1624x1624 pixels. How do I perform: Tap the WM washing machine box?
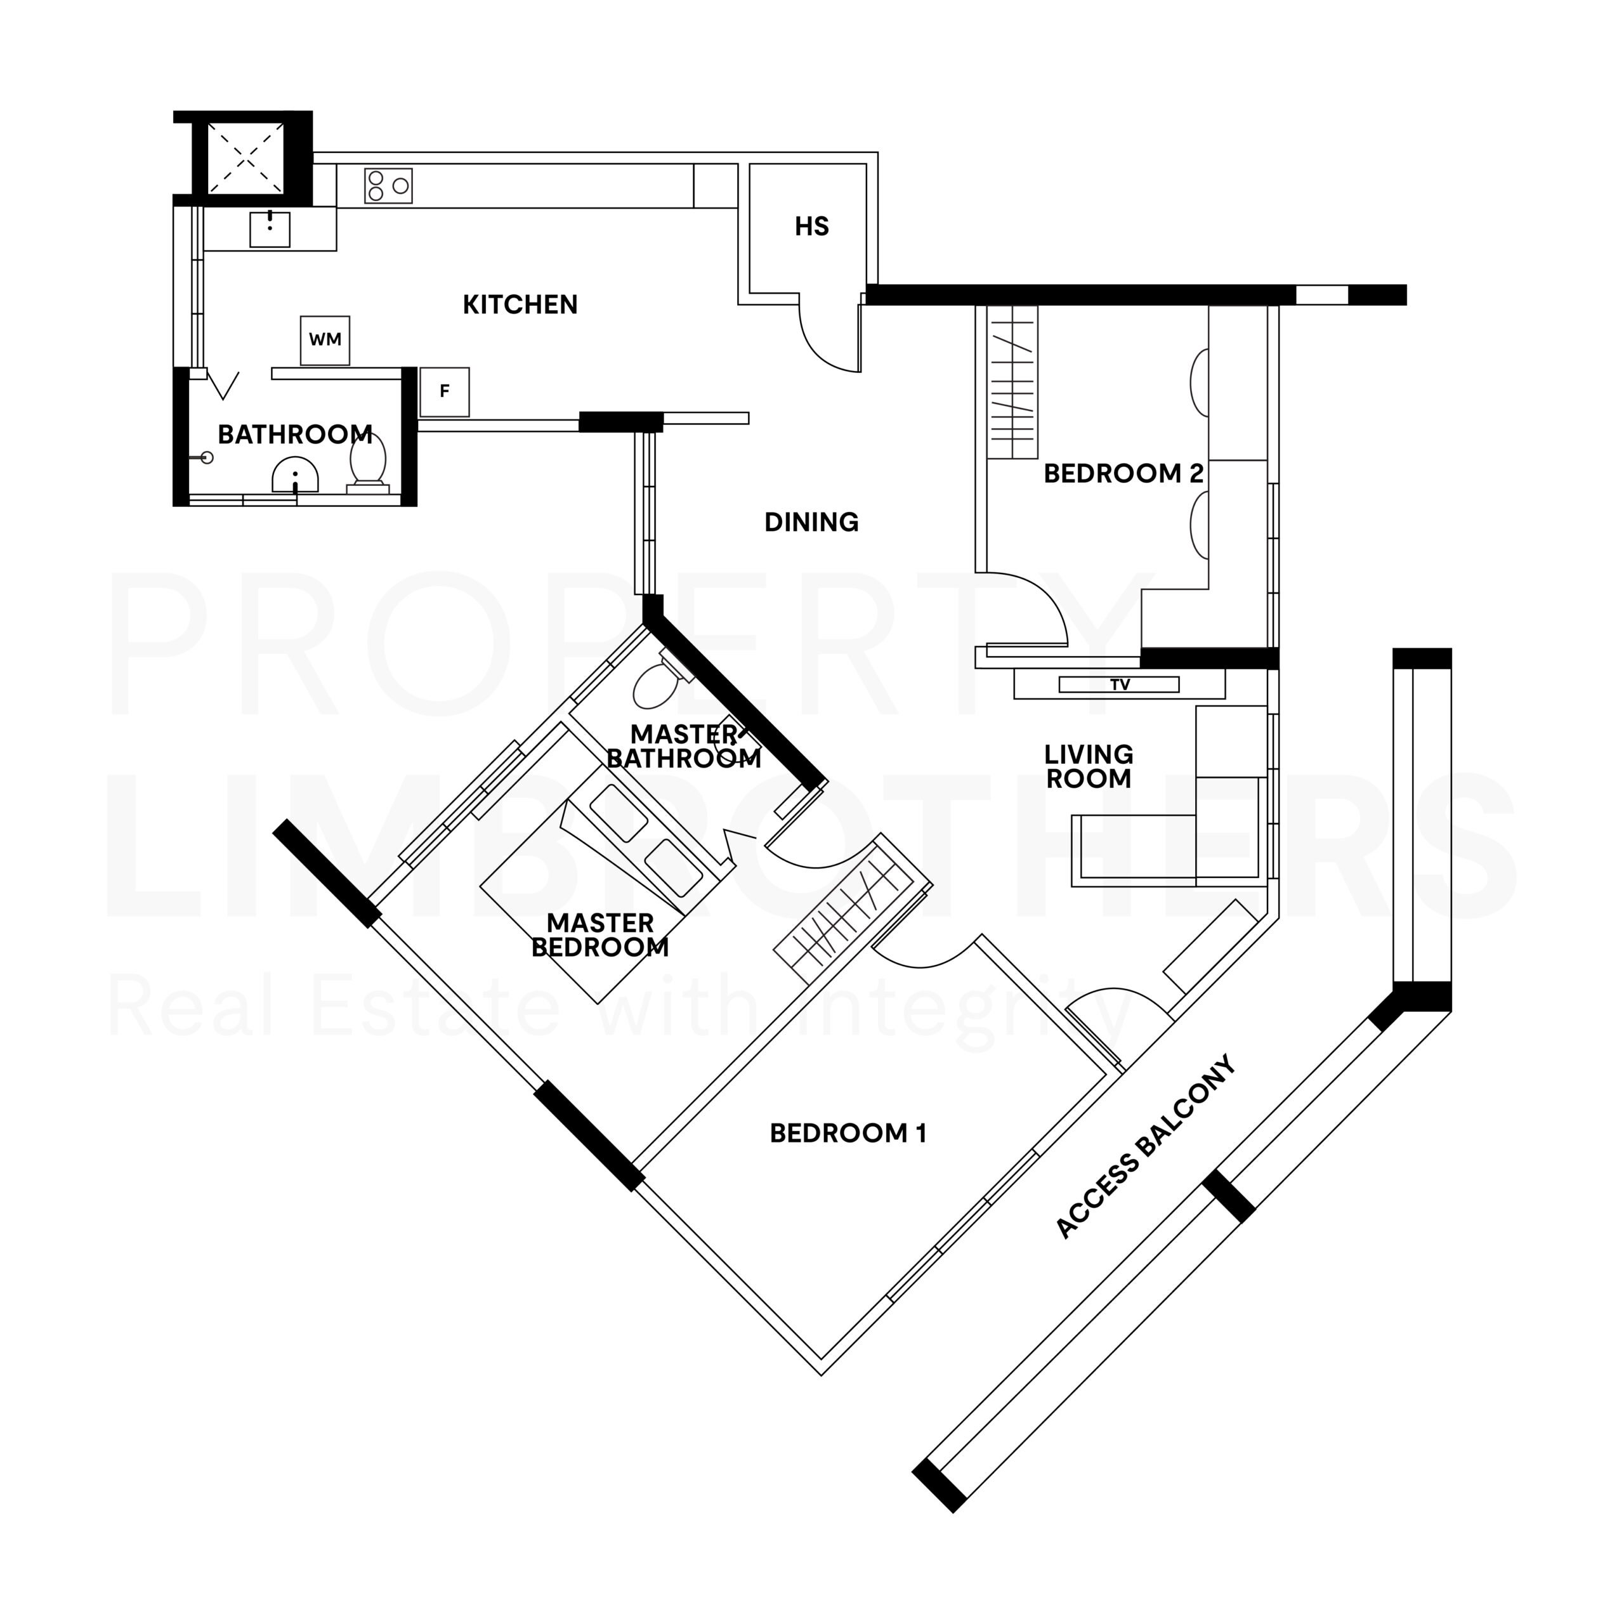coord(325,341)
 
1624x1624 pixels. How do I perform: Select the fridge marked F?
coord(445,391)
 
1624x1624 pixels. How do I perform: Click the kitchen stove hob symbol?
coord(388,186)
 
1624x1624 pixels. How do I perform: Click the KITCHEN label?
coord(520,305)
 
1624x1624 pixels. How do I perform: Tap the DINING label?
coord(811,523)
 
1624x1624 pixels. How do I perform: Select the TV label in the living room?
coord(1120,685)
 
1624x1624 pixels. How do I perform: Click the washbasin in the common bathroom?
coord(295,476)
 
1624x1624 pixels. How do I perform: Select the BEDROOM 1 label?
coord(848,1134)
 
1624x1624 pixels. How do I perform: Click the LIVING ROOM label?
coord(1089,766)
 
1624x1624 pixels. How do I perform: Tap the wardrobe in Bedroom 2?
coord(1012,383)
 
